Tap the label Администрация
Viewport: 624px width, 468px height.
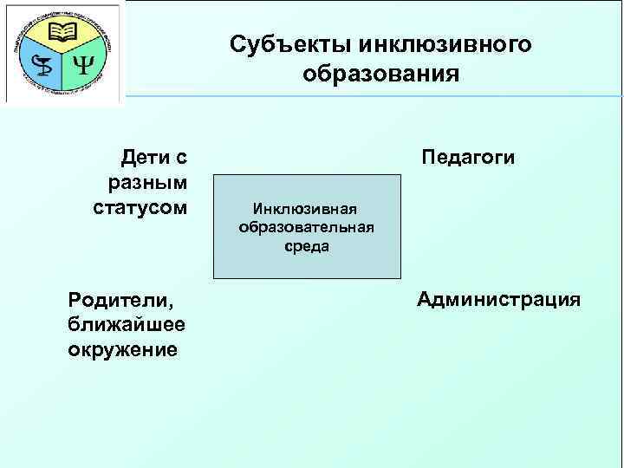(498, 300)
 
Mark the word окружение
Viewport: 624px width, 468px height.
(122, 350)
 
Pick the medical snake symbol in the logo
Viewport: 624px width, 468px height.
(40, 65)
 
